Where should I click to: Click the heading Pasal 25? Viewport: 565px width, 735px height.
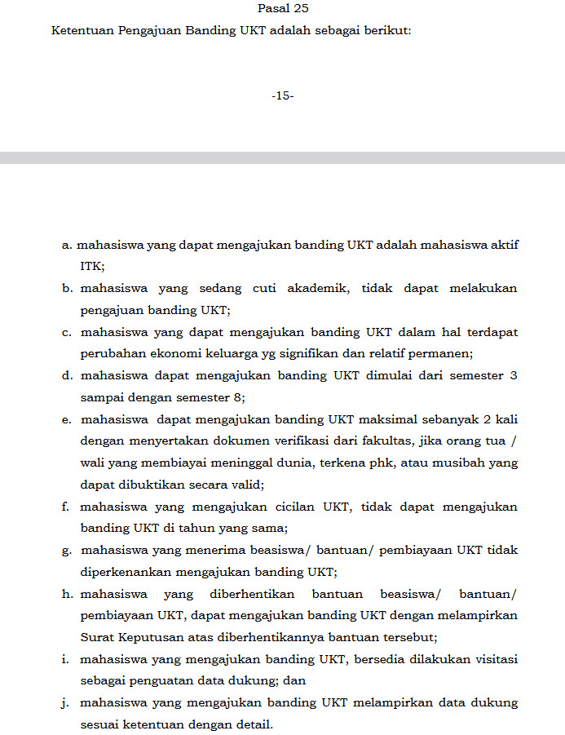pyautogui.click(x=282, y=9)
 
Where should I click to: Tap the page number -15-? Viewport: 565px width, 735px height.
pyautogui.click(x=282, y=96)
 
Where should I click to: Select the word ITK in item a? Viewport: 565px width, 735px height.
pyautogui.click(x=92, y=266)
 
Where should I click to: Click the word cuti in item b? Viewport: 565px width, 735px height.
pyautogui.click(x=262, y=288)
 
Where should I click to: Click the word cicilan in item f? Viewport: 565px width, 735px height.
pyautogui.click(x=299, y=507)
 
